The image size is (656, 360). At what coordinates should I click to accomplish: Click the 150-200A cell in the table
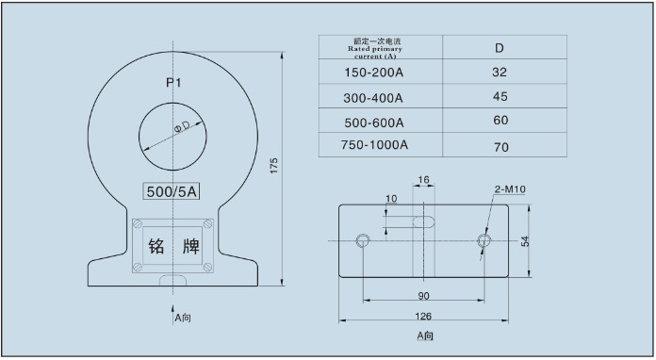(373, 73)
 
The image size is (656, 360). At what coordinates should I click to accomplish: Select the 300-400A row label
(373, 98)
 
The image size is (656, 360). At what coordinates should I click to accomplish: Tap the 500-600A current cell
(374, 123)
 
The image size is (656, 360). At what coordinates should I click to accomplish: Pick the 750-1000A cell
(374, 145)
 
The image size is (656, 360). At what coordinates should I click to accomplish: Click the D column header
(500, 48)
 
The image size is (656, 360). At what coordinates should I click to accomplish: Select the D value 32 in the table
(500, 73)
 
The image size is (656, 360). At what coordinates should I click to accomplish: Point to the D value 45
(500, 96)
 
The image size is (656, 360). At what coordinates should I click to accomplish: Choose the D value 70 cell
(501, 147)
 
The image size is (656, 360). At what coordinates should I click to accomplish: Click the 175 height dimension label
(273, 166)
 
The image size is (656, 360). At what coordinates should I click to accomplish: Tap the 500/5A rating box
(172, 191)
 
